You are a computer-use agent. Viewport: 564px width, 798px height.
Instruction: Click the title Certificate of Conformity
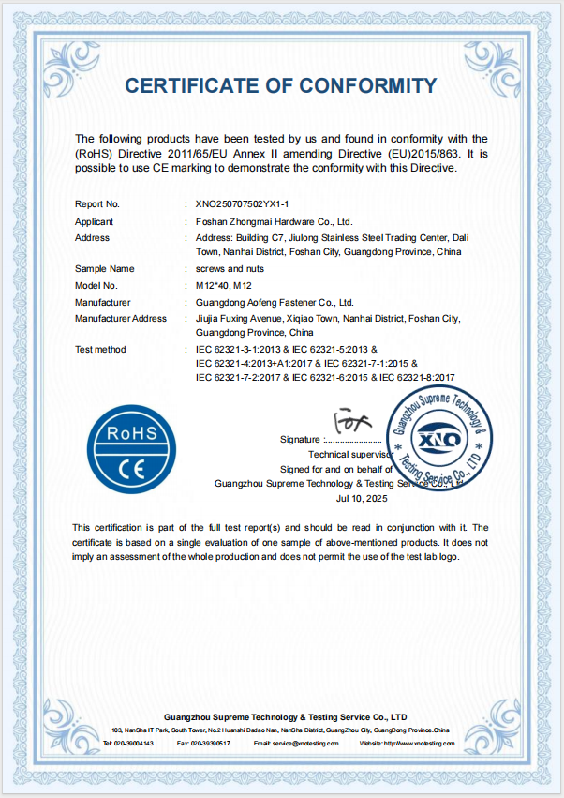coord(281,86)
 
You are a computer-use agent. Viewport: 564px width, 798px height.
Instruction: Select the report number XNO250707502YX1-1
coord(243,203)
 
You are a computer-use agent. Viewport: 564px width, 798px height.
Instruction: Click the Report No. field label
coord(96,203)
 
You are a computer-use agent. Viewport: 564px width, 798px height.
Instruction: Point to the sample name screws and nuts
coord(223,268)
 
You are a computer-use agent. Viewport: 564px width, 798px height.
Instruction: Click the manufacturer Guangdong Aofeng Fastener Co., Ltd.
coord(275,302)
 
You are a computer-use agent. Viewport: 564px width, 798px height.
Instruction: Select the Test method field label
coord(99,350)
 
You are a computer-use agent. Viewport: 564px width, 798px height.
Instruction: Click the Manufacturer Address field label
coord(120,319)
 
